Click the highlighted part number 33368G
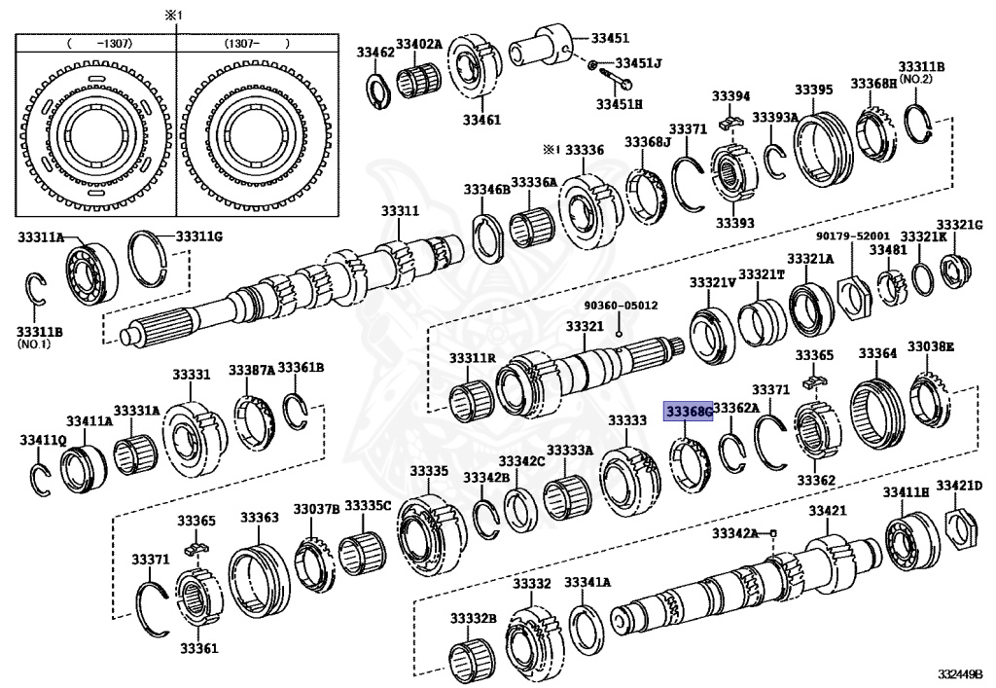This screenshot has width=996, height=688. click(x=689, y=412)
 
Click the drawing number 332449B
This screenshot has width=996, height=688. click(x=961, y=673)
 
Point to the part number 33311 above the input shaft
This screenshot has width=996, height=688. click(x=400, y=211)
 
